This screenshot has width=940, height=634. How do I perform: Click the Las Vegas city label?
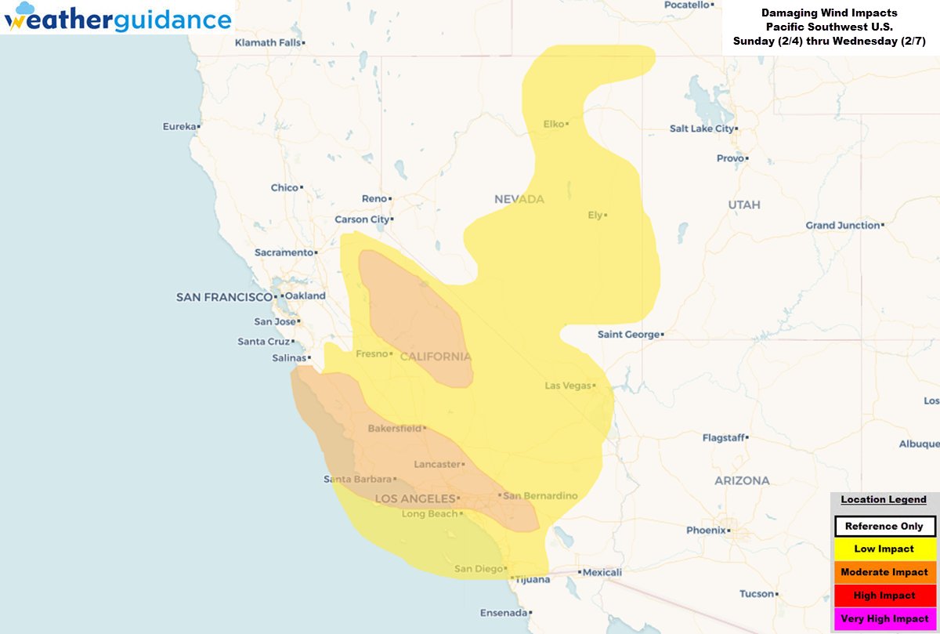(x=568, y=386)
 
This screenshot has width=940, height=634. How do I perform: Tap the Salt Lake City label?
(x=701, y=129)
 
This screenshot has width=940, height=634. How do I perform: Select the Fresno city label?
(x=372, y=354)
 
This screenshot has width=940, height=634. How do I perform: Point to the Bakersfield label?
(x=394, y=429)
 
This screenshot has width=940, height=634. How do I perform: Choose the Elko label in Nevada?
(x=554, y=124)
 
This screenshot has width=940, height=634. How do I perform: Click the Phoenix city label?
(x=706, y=531)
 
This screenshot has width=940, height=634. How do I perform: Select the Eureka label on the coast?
(x=179, y=126)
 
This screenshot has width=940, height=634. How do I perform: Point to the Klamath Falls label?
(x=267, y=42)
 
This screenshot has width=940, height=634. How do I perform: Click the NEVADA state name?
(x=519, y=200)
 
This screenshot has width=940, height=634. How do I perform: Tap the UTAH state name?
(x=743, y=205)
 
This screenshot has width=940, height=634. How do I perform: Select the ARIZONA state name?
(x=741, y=480)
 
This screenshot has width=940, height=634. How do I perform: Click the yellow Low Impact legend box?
(x=884, y=549)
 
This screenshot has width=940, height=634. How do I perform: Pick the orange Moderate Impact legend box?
(x=884, y=572)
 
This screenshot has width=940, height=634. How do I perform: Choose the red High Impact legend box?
(x=884, y=596)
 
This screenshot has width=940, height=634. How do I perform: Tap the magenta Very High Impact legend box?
(x=884, y=618)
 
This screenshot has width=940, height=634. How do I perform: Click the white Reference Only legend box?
(x=884, y=527)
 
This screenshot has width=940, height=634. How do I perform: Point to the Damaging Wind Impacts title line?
(x=830, y=13)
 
